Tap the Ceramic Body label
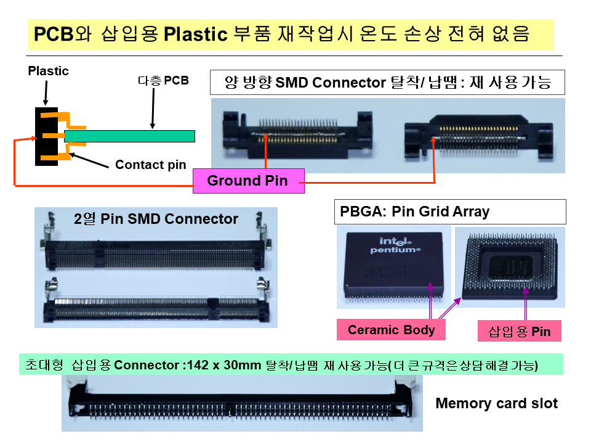click(391, 330)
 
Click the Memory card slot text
click(496, 404)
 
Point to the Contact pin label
click(150, 165)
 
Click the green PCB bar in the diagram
click(129, 136)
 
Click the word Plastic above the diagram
click(48, 71)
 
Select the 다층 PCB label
click(163, 81)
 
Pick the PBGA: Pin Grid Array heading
click(414, 212)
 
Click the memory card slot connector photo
click(241, 403)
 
